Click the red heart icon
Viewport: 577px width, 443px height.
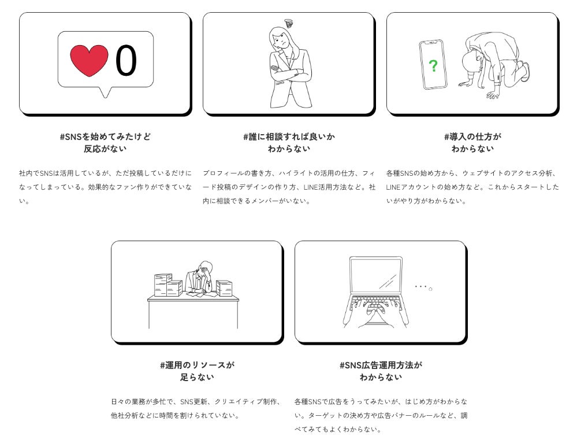tap(89, 61)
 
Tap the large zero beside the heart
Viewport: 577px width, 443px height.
tap(126, 61)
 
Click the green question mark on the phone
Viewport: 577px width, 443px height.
tap(433, 66)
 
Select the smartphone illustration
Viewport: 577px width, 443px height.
tap(433, 65)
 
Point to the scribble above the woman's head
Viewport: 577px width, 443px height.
tap(289, 23)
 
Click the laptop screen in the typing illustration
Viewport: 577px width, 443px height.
tap(375, 275)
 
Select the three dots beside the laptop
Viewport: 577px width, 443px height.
tap(423, 287)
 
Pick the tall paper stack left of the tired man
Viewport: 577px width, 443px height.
tap(163, 285)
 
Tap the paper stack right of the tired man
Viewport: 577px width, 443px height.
tap(224, 288)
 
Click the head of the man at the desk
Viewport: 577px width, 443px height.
tap(204, 269)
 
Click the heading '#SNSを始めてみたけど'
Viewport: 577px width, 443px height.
tap(105, 136)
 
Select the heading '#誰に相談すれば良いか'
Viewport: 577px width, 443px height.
tap(289, 136)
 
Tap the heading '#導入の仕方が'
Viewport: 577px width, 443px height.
tap(472, 136)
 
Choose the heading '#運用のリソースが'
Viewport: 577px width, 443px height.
tap(197, 366)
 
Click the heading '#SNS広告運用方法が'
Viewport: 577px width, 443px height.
tap(381, 366)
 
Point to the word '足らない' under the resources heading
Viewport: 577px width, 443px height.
tap(197, 377)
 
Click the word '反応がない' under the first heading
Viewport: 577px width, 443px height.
tap(105, 149)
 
